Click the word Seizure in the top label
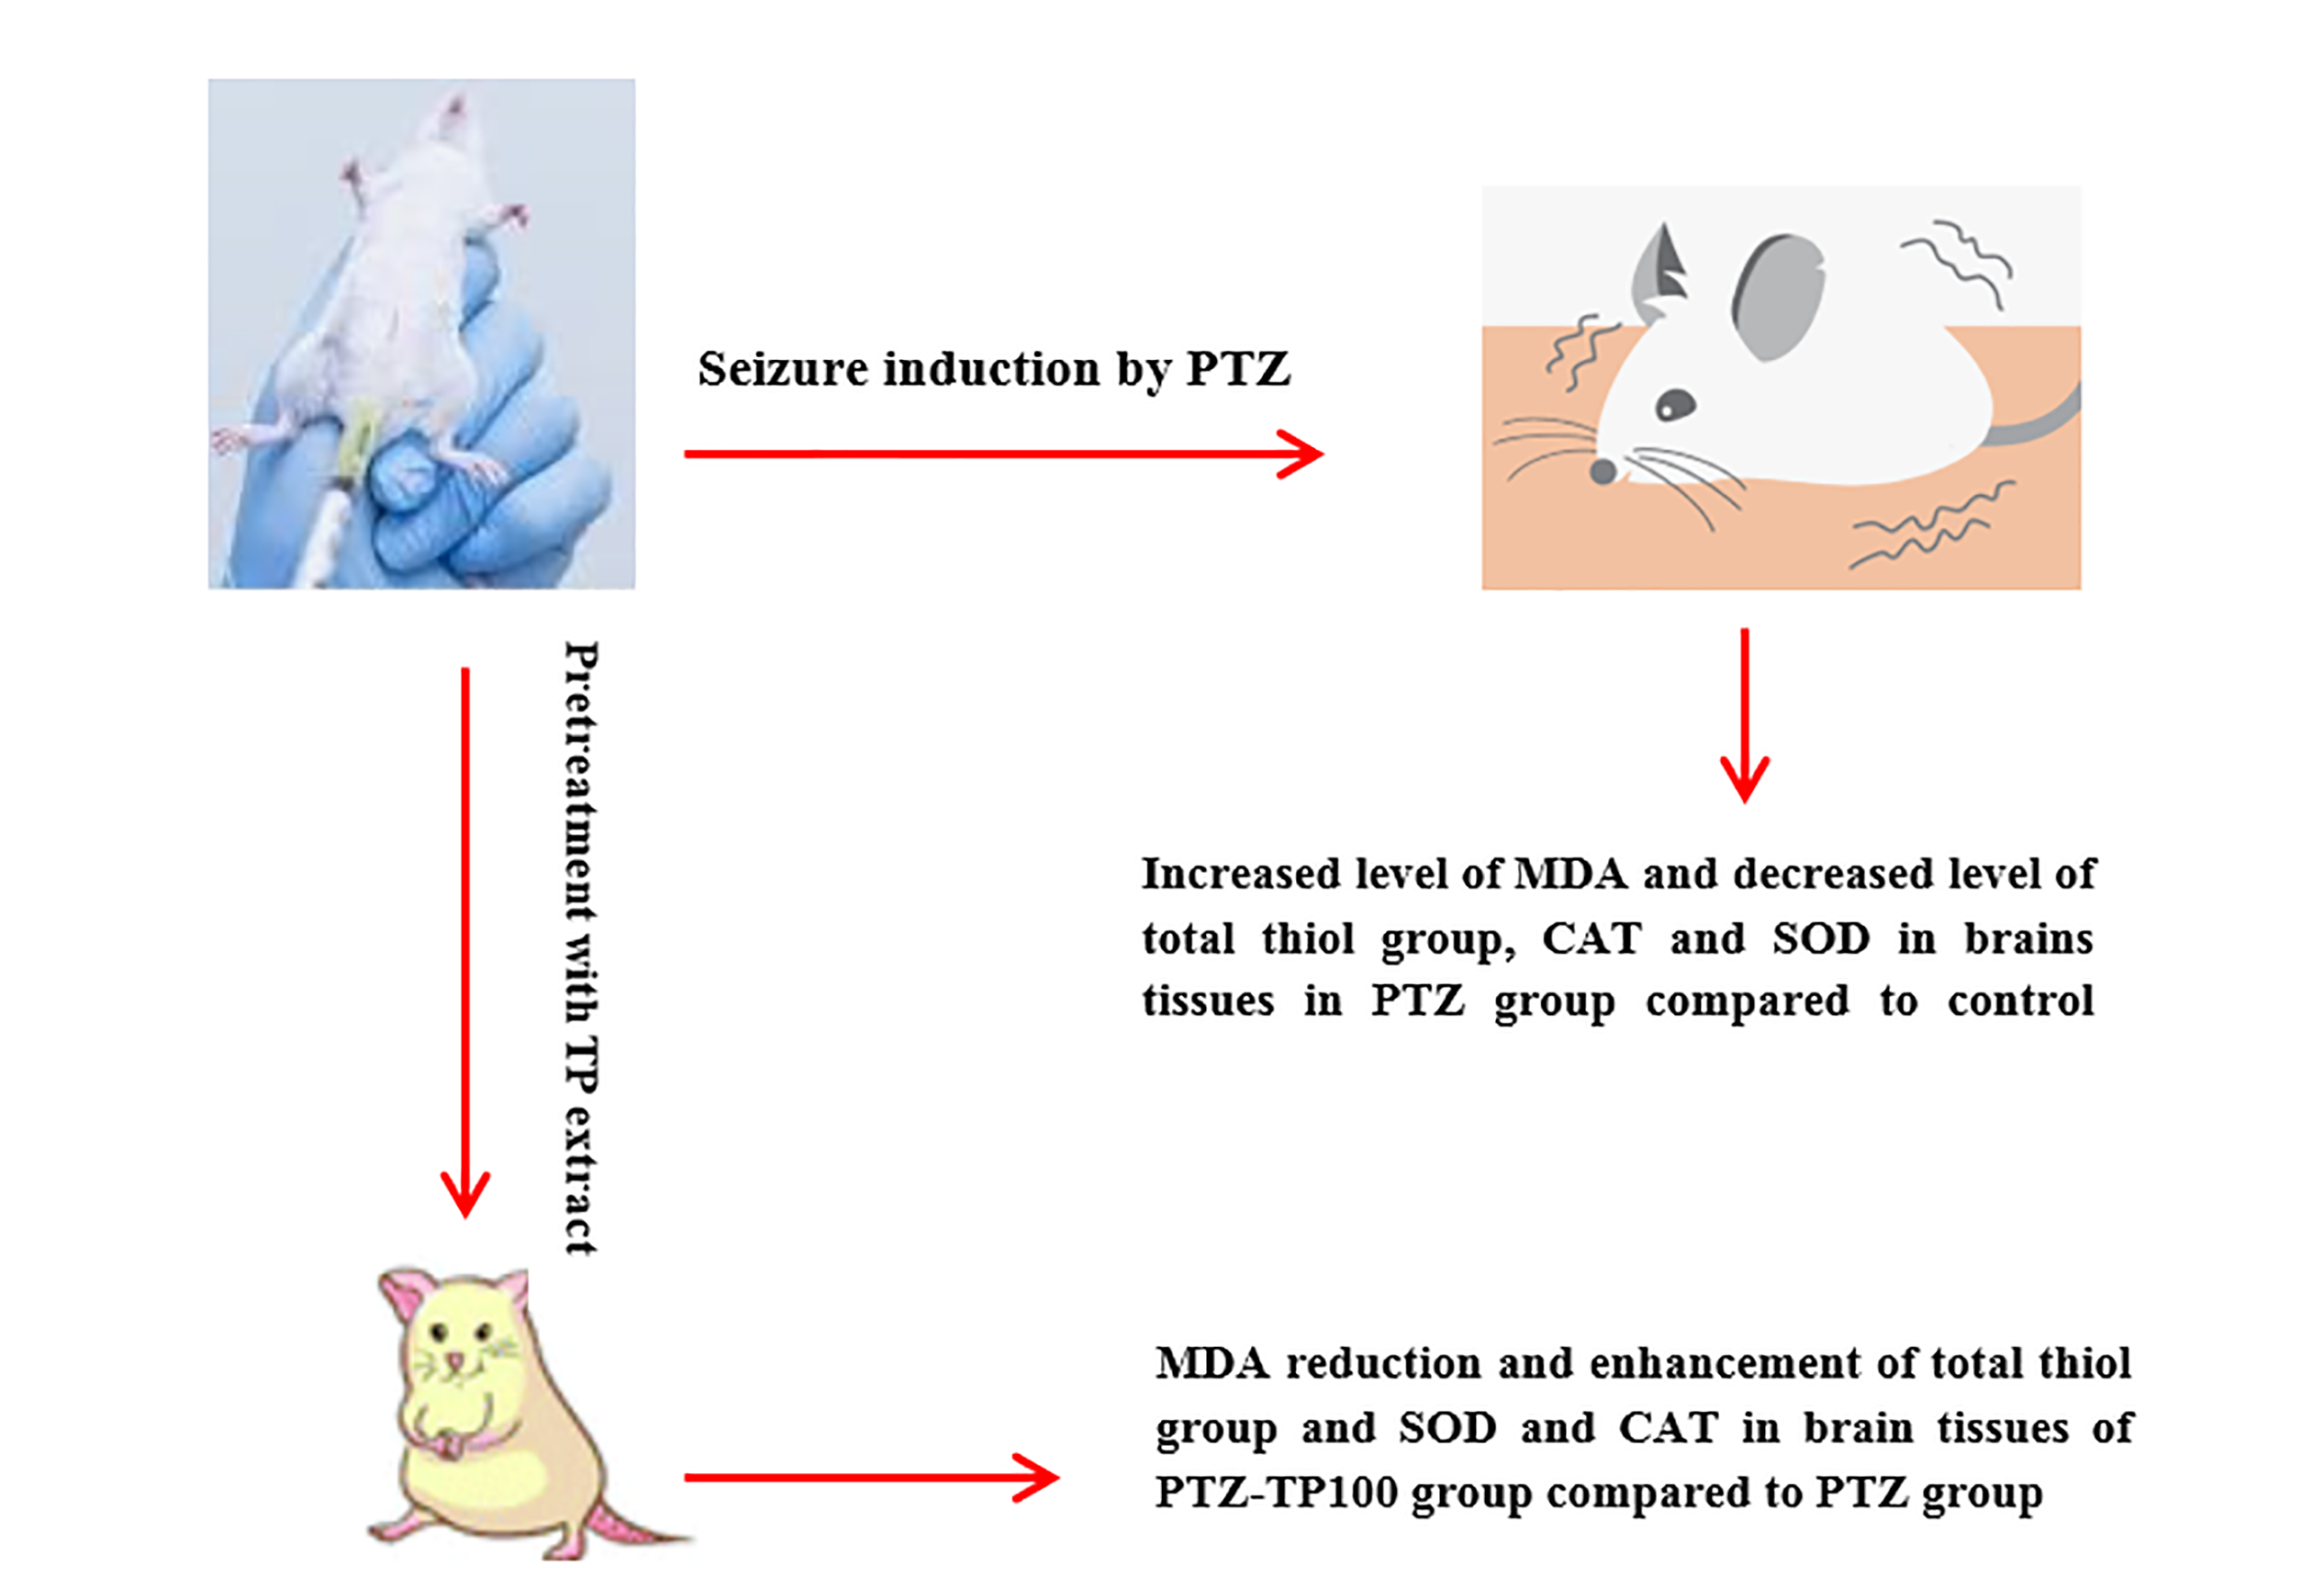(x=783, y=369)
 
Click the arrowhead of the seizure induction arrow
(x=1304, y=453)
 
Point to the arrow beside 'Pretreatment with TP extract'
(x=464, y=939)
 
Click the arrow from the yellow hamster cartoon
(x=869, y=1477)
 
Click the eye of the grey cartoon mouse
(x=1675, y=405)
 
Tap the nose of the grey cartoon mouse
(x=1603, y=471)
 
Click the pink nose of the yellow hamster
(x=455, y=1360)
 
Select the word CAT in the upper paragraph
(x=1591, y=938)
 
